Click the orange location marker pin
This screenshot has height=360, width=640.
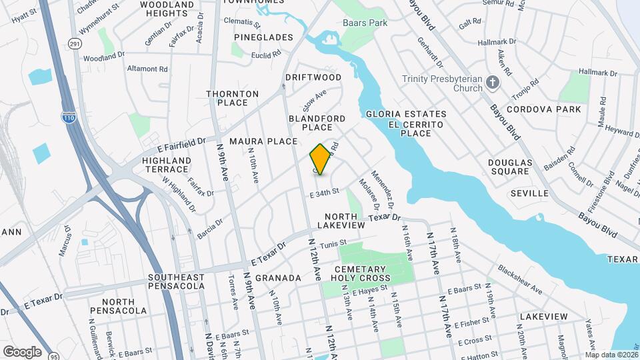320,160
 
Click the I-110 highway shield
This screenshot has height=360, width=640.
69,117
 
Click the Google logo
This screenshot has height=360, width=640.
22,351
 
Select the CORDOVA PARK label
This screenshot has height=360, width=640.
543,109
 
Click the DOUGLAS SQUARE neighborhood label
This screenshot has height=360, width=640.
510,167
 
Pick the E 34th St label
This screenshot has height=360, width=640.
324,194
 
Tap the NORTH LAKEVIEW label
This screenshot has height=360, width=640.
345,221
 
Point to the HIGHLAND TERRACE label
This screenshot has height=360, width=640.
167,165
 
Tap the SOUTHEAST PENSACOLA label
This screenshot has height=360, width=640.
176,281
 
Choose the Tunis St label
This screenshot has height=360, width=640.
333,245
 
